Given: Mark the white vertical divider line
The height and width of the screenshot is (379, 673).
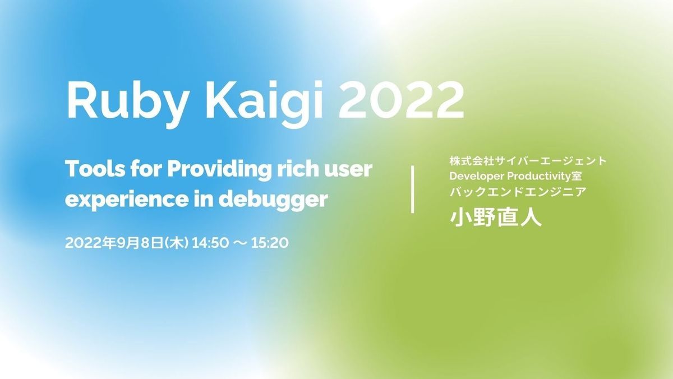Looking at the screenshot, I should (413, 189).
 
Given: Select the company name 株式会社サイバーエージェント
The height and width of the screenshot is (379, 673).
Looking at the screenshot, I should (528, 161).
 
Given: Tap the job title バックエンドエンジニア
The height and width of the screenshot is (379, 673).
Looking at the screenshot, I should (518, 192).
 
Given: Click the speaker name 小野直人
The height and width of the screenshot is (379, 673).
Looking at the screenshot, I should (495, 217).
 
